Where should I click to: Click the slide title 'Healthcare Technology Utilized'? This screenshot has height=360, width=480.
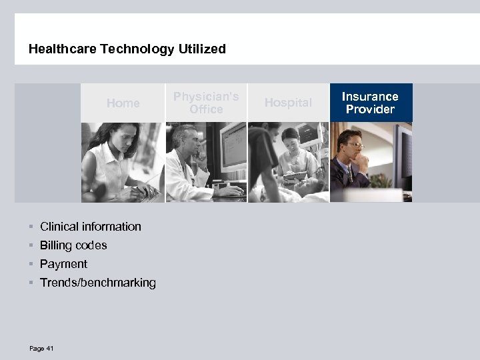(x=127, y=49)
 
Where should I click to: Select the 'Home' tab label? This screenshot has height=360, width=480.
(x=123, y=103)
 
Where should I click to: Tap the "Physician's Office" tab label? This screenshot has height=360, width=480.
(x=206, y=103)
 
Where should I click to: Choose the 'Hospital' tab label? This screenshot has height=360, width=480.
(x=288, y=103)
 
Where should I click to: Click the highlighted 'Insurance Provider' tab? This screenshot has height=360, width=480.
(x=371, y=103)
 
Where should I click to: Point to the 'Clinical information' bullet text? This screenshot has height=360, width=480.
(x=91, y=227)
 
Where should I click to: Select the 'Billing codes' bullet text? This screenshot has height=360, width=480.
(x=73, y=245)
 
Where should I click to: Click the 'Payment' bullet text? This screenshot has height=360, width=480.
(x=63, y=264)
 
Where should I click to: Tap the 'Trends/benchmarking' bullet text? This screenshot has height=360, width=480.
(x=98, y=283)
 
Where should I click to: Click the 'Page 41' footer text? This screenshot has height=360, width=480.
(x=41, y=349)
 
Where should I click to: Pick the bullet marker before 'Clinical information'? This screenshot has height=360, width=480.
(x=31, y=227)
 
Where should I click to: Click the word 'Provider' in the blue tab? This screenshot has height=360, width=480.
(x=371, y=109)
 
